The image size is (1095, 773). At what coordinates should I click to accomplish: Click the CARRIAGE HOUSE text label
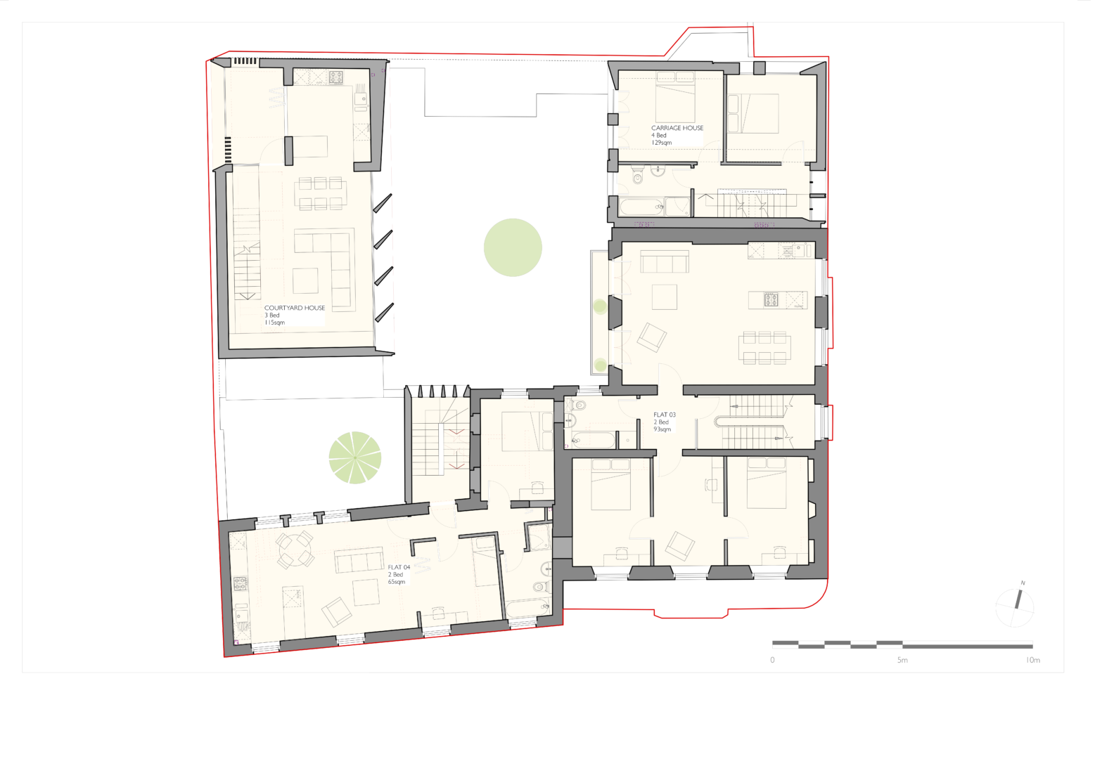point(677,128)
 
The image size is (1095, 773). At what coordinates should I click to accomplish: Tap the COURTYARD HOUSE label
point(294,308)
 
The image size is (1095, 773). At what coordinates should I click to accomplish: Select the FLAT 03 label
point(664,415)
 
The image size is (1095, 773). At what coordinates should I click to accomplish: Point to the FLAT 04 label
point(399,567)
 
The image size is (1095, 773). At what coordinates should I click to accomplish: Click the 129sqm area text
point(661,143)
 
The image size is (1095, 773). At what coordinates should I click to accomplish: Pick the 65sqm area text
point(397,582)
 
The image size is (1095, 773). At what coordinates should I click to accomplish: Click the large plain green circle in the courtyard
point(513,247)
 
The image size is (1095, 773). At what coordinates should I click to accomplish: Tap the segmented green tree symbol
point(355,457)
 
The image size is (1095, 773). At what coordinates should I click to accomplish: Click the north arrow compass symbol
point(1016,604)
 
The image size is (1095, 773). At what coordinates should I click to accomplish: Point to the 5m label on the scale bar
point(902,660)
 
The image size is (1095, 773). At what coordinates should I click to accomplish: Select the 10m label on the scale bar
point(1032,660)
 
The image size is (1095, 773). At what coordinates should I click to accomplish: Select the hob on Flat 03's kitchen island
point(771,300)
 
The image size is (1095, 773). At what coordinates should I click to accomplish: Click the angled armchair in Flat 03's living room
point(651,337)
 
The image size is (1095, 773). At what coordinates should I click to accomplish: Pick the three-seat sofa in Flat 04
point(358,561)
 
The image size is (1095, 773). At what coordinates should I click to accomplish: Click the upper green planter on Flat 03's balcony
point(600,306)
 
